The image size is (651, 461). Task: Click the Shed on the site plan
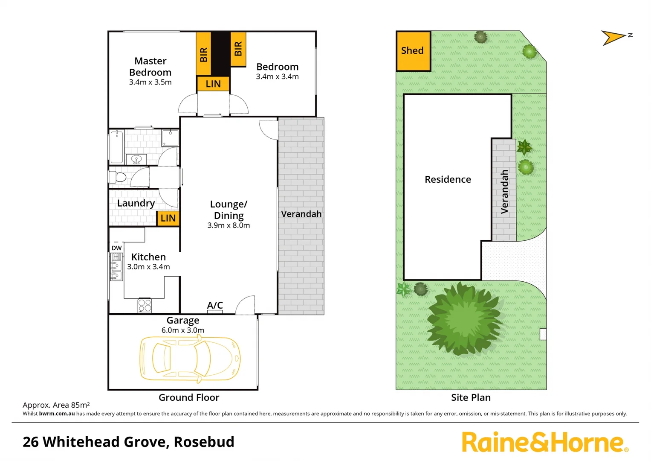pyautogui.click(x=413, y=51)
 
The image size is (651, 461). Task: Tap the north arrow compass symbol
pyautogui.click(x=614, y=38)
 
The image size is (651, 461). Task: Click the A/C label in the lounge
pyautogui.click(x=215, y=305)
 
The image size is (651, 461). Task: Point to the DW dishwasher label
pyautogui.click(x=116, y=248)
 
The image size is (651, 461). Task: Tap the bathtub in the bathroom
pyautogui.click(x=116, y=147)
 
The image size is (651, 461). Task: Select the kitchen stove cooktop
pyautogui.click(x=145, y=306)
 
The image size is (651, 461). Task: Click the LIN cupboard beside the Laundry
pyautogui.click(x=168, y=218)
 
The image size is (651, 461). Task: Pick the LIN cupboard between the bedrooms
pyautogui.click(x=213, y=84)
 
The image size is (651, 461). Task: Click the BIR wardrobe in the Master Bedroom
pyautogui.click(x=204, y=53)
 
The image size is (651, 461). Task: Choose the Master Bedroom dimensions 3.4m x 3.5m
pyautogui.click(x=150, y=82)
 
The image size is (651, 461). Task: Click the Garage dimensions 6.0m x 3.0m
pyautogui.click(x=182, y=330)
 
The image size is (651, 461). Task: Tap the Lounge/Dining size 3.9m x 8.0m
pyautogui.click(x=229, y=225)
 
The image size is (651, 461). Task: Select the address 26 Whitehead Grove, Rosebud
pyautogui.click(x=128, y=442)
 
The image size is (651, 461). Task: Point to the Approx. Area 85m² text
pyautogui.click(x=56, y=405)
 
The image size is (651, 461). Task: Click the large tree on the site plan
pyautogui.click(x=464, y=319)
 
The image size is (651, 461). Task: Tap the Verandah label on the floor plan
pyautogui.click(x=301, y=214)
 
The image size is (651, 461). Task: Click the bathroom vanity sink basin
pyautogui.click(x=136, y=160)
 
